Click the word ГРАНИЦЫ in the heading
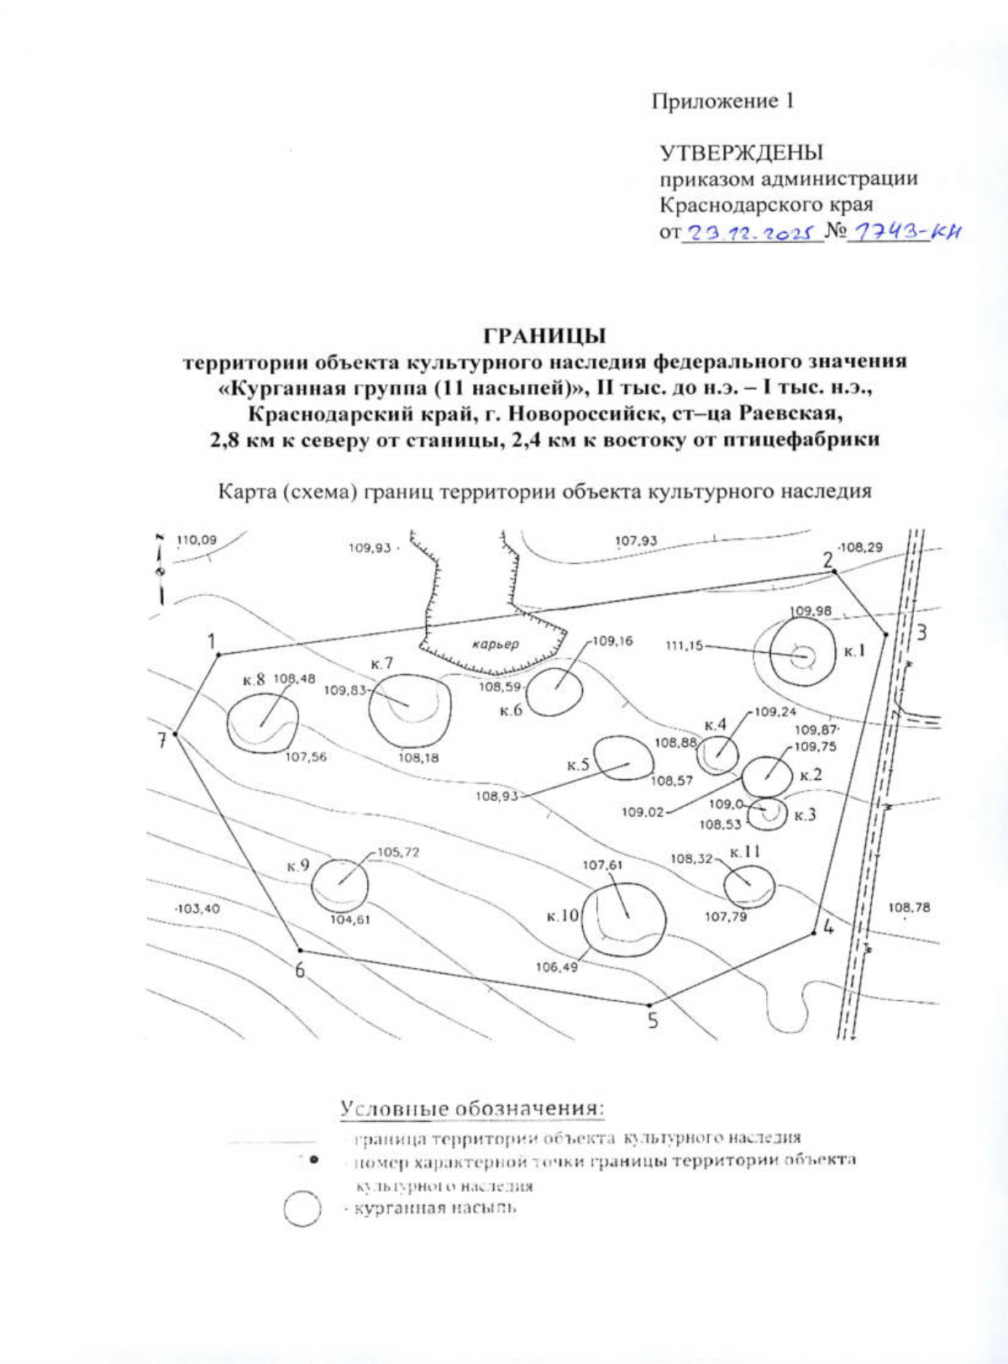coord(544,335)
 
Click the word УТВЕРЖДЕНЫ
coord(741,152)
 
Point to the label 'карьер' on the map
coord(495,645)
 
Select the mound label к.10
coord(563,915)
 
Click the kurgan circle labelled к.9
coord(339,885)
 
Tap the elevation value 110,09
coord(196,540)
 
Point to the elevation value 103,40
coord(197,908)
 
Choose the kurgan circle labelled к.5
coord(622,759)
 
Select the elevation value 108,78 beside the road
coord(908,908)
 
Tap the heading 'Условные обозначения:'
coord(472,1109)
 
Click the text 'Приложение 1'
coord(723,101)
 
